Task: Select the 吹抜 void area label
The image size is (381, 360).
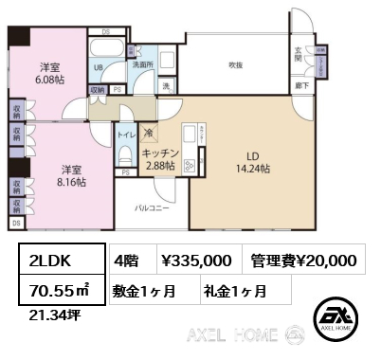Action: [x=234, y=64]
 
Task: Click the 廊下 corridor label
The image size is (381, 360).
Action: [x=299, y=83]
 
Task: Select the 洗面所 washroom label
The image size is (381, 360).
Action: [x=143, y=65]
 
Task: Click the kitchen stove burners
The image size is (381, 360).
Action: [x=190, y=166]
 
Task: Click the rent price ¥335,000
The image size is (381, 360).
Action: [x=196, y=260]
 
